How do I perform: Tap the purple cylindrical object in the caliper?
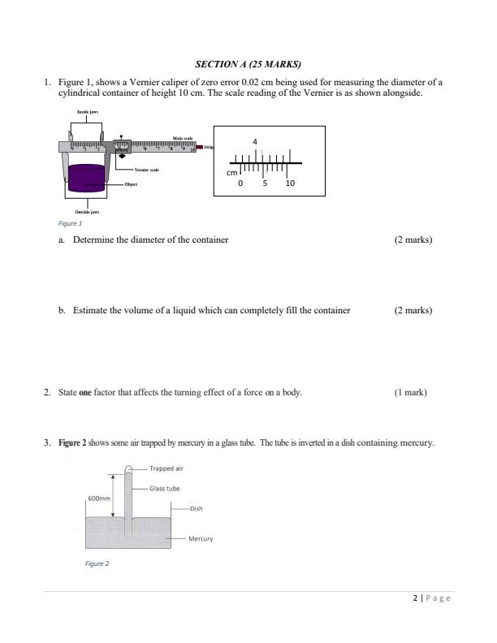point(87,178)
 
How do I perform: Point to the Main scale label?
point(182,139)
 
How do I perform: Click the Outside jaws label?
point(87,212)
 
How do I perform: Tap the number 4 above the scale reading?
point(256,142)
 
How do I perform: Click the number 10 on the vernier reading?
point(291,184)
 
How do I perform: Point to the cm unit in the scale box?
point(231,173)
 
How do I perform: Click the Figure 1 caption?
point(71,223)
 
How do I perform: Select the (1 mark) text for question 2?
point(410,392)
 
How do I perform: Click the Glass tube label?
point(165,489)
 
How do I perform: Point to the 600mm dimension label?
point(97,498)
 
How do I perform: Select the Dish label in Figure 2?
point(196,509)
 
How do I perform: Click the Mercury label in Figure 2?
point(201,538)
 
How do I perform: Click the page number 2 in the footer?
point(415,598)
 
